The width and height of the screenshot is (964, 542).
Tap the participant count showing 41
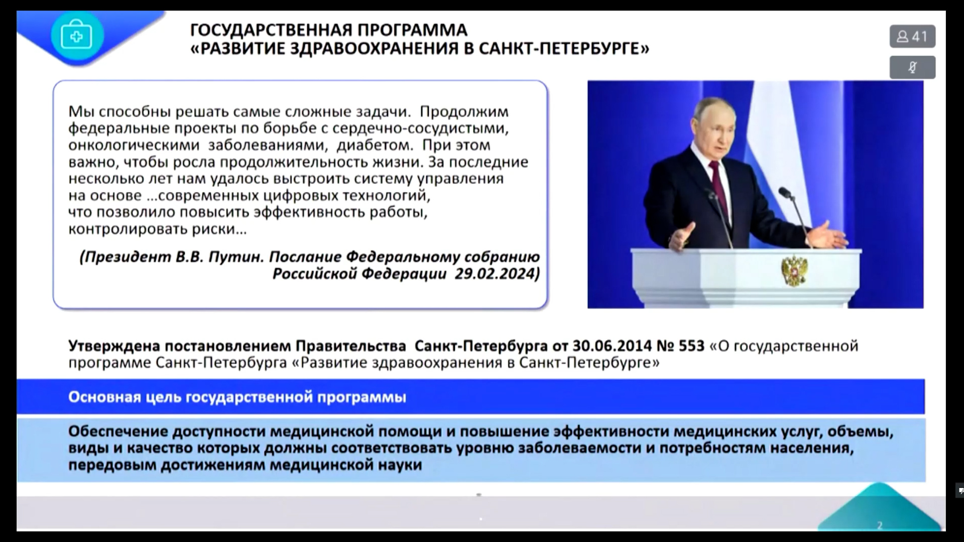click(x=912, y=37)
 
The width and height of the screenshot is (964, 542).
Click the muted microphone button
click(x=912, y=67)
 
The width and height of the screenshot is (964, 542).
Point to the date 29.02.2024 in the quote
click(x=497, y=274)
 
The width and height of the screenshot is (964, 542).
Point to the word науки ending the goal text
click(x=397, y=465)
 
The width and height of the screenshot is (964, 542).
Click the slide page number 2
click(x=879, y=525)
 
